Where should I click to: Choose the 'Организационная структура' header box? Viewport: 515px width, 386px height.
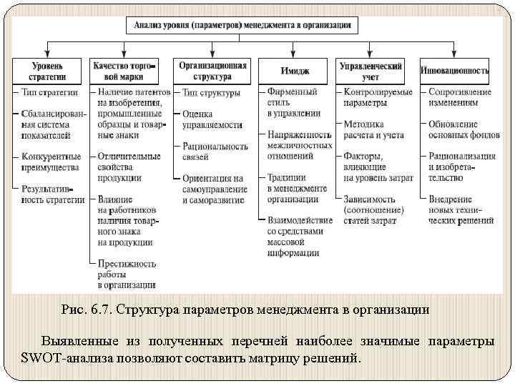point(212,71)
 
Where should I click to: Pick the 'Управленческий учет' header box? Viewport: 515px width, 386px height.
point(373,71)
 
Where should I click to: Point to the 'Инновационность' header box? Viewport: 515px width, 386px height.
point(455,71)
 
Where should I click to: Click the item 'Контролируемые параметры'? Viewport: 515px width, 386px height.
point(378,97)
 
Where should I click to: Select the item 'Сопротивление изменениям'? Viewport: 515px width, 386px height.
point(460,97)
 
